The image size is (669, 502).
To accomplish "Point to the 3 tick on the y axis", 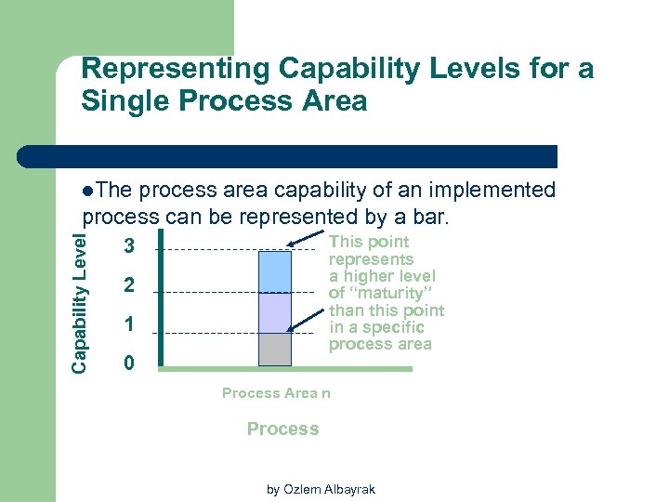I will [129, 246].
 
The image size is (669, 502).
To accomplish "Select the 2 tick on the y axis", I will [129, 286].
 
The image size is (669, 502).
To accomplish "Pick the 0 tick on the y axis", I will [129, 363].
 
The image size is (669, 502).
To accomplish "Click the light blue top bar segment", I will [274, 271].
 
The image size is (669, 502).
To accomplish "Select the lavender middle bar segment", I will [274, 312].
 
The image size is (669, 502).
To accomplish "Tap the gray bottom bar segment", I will [274, 349].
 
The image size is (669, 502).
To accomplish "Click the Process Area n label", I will [276, 393].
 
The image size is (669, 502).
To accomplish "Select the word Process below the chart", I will [282, 429].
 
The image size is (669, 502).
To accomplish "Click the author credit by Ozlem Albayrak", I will [321, 489].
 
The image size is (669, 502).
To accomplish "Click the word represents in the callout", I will [372, 259].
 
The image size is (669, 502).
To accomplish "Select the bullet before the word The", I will [87, 191].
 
